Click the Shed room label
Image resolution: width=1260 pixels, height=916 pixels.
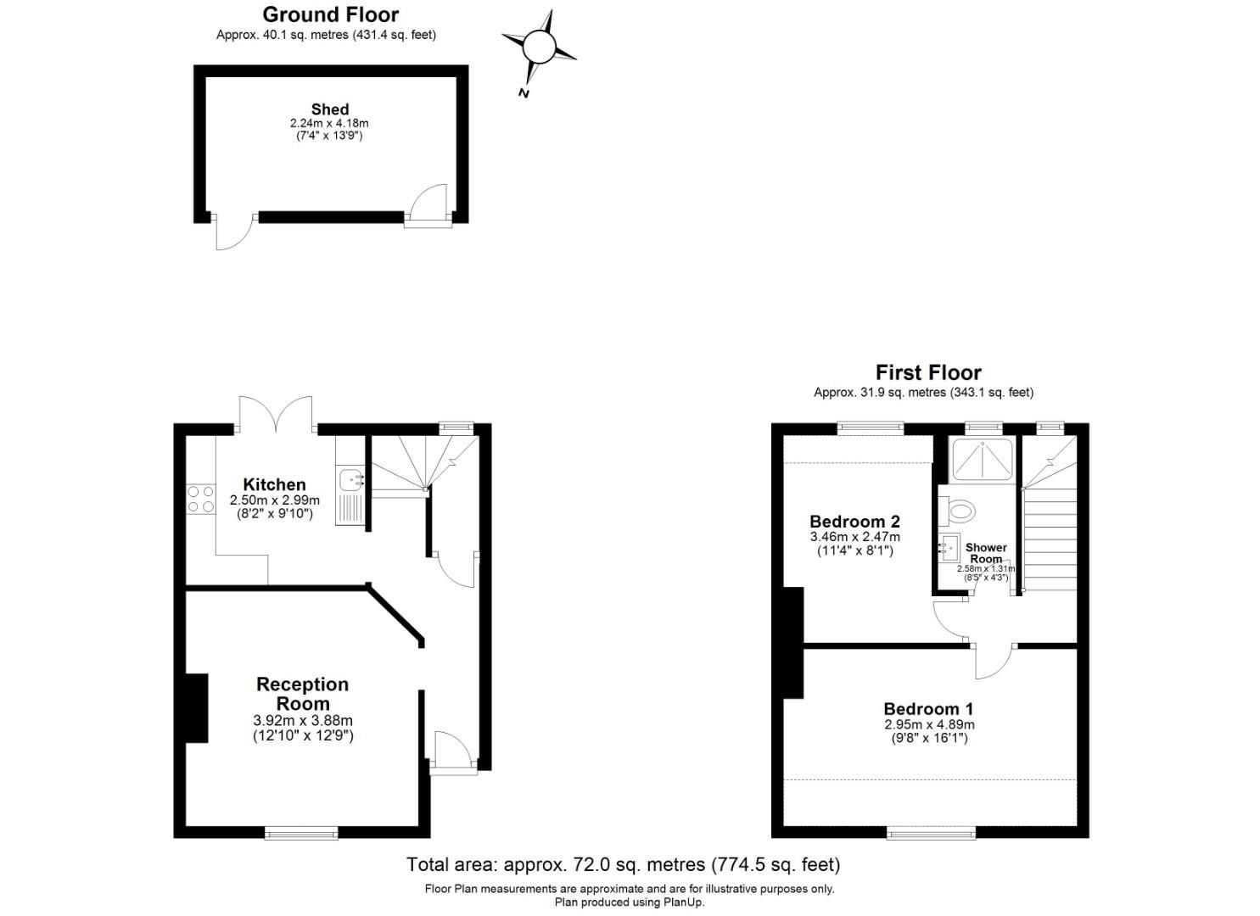pos(329,109)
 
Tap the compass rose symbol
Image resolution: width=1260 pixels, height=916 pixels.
pos(539,46)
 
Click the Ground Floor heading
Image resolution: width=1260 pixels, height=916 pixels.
pos(330,14)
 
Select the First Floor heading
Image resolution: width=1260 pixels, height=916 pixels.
pos(928,372)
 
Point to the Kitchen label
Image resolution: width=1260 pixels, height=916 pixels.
pos(274,485)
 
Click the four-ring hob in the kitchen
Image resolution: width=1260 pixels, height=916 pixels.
pos(201,499)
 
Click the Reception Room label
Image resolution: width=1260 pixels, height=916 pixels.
pos(303,694)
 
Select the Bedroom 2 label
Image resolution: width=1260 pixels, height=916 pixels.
pos(854,522)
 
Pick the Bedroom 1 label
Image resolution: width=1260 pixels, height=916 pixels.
pos(928,709)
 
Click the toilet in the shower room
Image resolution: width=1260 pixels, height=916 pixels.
pos(959,511)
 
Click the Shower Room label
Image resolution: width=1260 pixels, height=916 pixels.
pos(986,553)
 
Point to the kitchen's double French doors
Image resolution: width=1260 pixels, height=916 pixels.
pos(277,415)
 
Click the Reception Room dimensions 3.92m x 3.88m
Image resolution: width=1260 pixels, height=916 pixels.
pos(303,721)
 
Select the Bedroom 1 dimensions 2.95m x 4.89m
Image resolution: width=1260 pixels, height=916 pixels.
pos(929,724)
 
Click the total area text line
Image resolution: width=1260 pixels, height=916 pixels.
pos(623,864)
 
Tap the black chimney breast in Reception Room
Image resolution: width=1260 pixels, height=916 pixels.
pos(197,708)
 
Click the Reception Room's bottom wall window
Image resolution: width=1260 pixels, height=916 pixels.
pos(301,833)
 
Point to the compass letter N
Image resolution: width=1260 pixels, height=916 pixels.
pos(524,92)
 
